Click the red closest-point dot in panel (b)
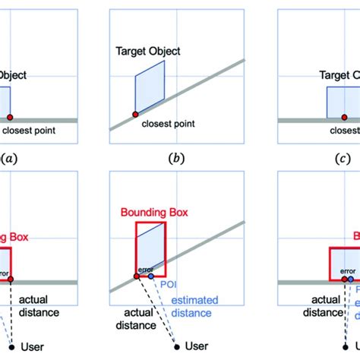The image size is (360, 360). tap(134, 114)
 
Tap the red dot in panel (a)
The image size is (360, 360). tap(10, 118)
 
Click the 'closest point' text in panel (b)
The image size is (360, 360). tap(166, 123)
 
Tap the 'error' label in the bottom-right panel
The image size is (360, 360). tap(347, 270)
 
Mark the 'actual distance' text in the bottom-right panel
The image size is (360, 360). tap(317, 305)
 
